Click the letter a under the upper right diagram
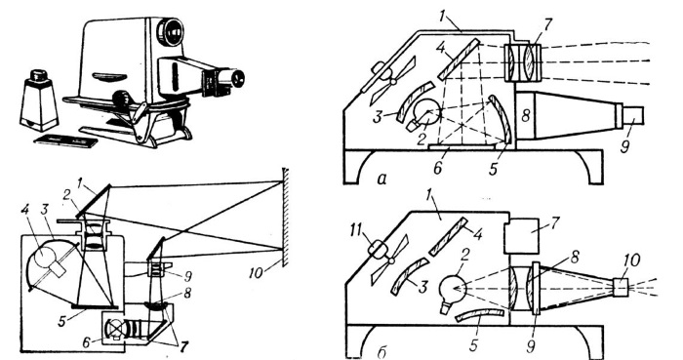point(382,179)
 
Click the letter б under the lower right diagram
point(382,352)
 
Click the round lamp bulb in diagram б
point(452,291)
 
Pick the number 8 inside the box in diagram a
point(526,116)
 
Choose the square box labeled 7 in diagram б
point(522,233)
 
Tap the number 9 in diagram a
point(625,145)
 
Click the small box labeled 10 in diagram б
point(621,288)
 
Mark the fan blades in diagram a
point(392,81)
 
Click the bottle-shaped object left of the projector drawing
point(39,100)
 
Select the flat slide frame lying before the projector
point(66,141)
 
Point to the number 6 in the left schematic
point(87,342)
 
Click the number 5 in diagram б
point(473,343)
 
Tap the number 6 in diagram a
point(438,167)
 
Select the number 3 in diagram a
point(379,118)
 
